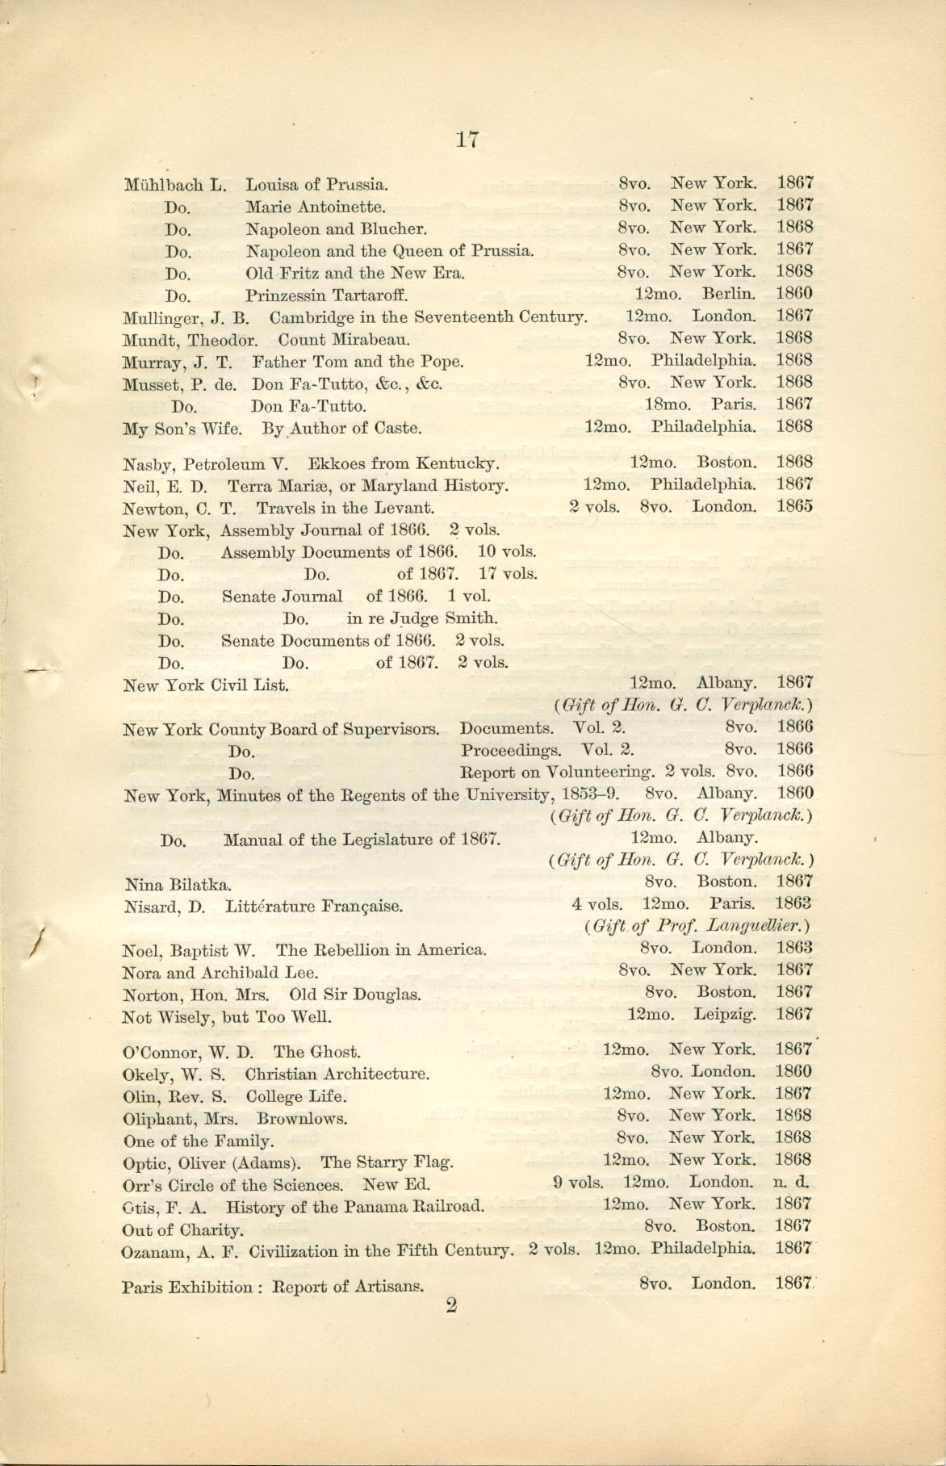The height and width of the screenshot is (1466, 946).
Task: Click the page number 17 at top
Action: click(x=467, y=140)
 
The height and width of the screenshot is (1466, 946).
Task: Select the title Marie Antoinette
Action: click(x=316, y=207)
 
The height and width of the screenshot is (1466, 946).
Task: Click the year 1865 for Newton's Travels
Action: click(x=794, y=507)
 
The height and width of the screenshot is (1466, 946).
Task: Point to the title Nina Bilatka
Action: click(x=178, y=885)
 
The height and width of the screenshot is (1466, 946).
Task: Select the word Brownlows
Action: click(x=302, y=1119)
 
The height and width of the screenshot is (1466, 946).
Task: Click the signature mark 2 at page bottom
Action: click(x=451, y=1306)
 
